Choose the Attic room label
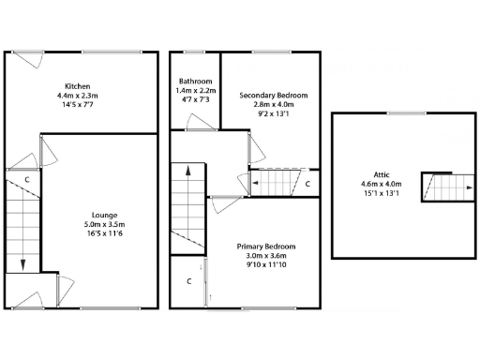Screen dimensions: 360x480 click(382, 174)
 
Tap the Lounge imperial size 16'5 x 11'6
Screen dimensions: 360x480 click(105, 233)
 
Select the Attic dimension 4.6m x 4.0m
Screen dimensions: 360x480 click(382, 185)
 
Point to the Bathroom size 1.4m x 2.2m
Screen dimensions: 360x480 click(197, 91)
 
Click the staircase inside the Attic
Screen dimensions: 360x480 click(435, 187)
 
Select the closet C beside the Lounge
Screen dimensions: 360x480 click(27, 178)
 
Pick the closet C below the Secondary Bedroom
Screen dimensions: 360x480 click(307, 184)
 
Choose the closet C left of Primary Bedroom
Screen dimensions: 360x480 click(188, 280)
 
